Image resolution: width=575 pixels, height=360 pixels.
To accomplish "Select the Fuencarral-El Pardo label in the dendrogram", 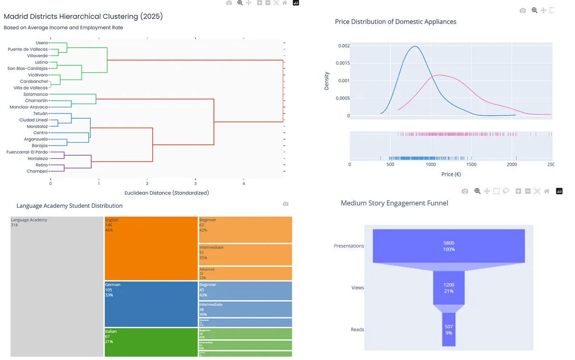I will click(27, 152).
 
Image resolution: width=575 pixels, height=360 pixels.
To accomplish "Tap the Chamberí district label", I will click(37, 172).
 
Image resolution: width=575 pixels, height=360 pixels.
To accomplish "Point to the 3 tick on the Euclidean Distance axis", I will click(195, 184).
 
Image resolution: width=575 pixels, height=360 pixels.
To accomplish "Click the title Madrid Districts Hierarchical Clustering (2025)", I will click(83, 16).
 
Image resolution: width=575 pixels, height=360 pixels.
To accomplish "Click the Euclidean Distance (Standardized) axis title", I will click(166, 193).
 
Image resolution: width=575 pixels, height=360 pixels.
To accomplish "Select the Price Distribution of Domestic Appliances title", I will click(395, 22).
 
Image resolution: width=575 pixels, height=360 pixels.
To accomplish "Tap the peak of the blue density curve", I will click(415, 47).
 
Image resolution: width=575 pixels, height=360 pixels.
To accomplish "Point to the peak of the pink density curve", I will click(440, 75).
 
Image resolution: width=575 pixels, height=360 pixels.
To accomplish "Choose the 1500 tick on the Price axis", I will click(471, 164).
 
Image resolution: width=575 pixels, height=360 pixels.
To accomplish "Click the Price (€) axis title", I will click(451, 174).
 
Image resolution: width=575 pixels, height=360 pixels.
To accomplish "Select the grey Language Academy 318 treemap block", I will click(57, 286).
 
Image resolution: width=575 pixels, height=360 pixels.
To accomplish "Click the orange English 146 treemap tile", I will click(151, 248).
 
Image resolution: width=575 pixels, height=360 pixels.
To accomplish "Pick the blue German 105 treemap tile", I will click(151, 304).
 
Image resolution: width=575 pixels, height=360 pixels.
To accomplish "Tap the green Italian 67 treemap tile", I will click(151, 342).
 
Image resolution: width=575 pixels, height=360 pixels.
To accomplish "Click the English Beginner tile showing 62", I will click(245, 230).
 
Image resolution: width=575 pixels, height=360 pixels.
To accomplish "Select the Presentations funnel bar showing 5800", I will click(449, 246).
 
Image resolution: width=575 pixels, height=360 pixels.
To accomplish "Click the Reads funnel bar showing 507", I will click(449, 329).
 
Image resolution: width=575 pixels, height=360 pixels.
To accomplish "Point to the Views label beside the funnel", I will click(358, 288).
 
